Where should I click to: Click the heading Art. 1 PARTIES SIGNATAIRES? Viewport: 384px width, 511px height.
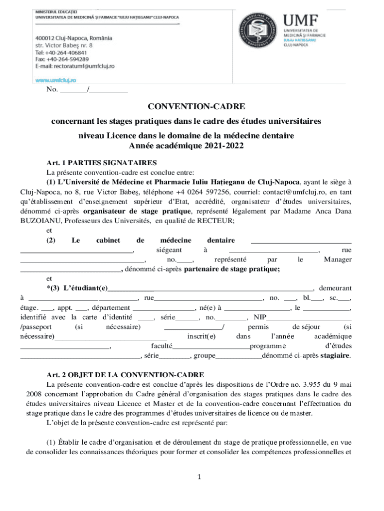coord(102,163)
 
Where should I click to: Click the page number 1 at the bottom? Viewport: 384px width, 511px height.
coord(198,478)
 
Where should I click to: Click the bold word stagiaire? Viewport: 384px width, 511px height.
coord(335,356)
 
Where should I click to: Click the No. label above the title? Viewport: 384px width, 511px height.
coord(52,90)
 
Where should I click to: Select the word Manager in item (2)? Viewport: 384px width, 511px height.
coord(337,259)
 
